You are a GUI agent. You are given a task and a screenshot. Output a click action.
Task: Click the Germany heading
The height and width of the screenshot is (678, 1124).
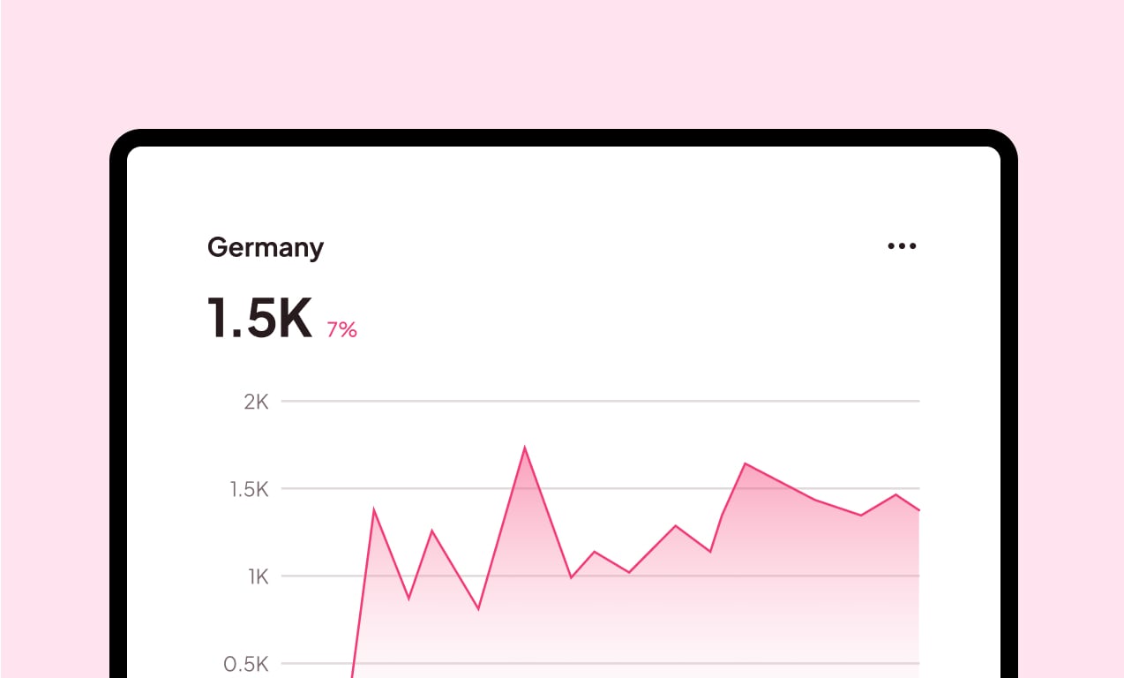(x=265, y=248)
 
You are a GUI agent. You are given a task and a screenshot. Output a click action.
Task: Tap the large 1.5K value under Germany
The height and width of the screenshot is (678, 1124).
(x=259, y=319)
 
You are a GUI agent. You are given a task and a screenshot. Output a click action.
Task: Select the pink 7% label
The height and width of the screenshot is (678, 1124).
(x=341, y=330)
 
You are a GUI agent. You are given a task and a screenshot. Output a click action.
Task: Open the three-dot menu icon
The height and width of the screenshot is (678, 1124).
(x=902, y=246)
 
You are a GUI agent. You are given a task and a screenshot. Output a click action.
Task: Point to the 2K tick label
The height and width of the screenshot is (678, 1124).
(x=256, y=403)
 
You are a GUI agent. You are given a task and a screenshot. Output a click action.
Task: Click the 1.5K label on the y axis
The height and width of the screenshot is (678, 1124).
(x=249, y=489)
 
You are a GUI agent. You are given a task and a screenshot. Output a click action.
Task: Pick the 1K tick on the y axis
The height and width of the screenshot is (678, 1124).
(x=258, y=577)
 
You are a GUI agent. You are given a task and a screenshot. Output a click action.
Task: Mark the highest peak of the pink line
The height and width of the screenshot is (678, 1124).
(x=525, y=448)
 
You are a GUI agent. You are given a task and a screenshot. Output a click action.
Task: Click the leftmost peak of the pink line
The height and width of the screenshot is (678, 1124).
(x=374, y=509)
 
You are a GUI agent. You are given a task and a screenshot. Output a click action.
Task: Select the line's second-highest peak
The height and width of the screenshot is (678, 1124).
(x=746, y=463)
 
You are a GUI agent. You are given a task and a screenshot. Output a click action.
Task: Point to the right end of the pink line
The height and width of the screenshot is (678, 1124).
(x=918, y=510)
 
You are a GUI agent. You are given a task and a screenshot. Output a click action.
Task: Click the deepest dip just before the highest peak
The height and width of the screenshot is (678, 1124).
(x=478, y=609)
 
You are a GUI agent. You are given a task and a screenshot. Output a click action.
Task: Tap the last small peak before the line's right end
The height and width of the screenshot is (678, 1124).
(x=895, y=494)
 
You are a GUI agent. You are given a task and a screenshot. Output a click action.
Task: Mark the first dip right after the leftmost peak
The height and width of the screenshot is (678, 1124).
(x=408, y=599)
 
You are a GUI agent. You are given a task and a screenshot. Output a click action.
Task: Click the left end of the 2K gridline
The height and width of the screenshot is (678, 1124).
(x=283, y=402)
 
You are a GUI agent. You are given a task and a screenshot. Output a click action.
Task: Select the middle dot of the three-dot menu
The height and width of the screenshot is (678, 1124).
(x=902, y=246)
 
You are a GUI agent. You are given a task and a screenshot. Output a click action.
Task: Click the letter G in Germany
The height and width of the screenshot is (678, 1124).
(x=216, y=248)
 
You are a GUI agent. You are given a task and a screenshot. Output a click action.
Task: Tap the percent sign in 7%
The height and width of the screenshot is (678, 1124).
(x=348, y=330)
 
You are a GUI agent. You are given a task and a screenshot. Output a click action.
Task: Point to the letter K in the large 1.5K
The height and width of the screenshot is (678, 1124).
(x=292, y=319)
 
